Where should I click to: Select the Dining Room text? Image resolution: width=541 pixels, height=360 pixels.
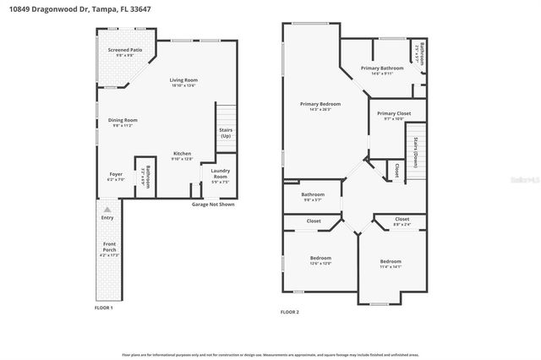[x=123, y=120]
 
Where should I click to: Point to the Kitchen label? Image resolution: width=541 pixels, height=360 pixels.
[x=183, y=154]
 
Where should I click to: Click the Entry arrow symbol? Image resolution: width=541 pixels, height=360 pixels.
[x=107, y=208]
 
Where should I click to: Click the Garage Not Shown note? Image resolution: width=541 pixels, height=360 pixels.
[x=213, y=204]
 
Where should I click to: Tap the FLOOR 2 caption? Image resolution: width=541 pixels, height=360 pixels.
[x=290, y=312]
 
